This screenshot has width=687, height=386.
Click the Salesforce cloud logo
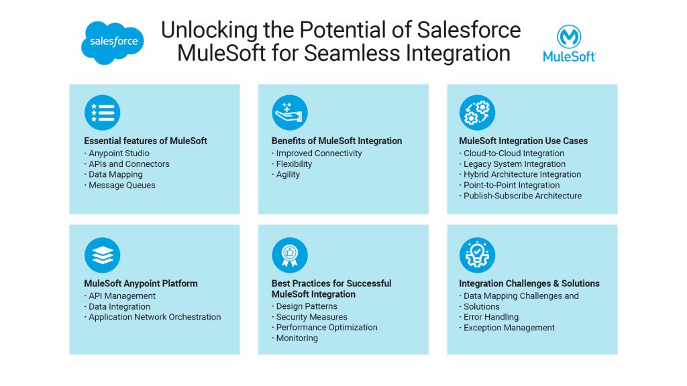click(x=113, y=42)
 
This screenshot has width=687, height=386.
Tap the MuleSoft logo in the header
click(x=569, y=44)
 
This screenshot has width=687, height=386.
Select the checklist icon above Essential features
click(x=102, y=112)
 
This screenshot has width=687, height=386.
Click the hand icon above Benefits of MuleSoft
click(x=289, y=112)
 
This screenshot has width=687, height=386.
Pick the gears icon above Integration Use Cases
click(x=477, y=112)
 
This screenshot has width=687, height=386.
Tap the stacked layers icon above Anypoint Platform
click(x=102, y=255)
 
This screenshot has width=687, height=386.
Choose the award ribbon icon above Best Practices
click(x=289, y=255)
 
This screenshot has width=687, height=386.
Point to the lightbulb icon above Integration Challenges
click(x=477, y=255)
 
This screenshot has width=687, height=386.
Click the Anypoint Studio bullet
click(x=119, y=153)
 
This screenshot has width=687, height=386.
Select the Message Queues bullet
click(x=122, y=185)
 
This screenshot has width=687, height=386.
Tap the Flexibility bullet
click(x=294, y=164)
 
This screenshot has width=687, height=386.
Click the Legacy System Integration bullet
click(x=515, y=164)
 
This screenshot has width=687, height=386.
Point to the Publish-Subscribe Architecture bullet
click(x=523, y=196)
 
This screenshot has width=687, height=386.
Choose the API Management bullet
click(x=122, y=296)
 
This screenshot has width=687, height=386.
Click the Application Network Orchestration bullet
click(x=154, y=317)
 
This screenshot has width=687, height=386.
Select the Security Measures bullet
click(x=311, y=317)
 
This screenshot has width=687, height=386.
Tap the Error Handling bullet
click(x=491, y=317)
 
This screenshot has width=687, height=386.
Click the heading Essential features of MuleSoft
click(x=146, y=141)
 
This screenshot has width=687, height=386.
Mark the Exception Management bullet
click(x=509, y=328)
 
